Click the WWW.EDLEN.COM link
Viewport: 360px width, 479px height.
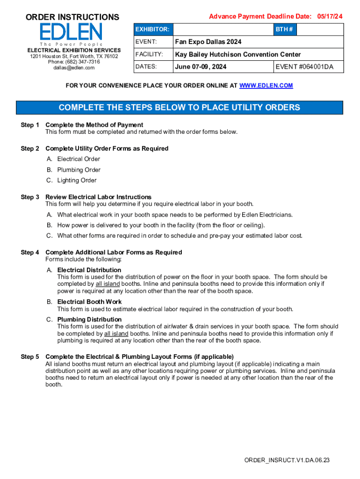(x=266, y=86)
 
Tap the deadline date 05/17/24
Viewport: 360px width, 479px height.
(x=329, y=16)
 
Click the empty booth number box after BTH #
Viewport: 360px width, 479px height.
(x=320, y=29)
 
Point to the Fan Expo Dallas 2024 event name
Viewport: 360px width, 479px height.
(x=208, y=42)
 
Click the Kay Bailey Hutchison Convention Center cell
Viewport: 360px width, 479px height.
(x=238, y=54)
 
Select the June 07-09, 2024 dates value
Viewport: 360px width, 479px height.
(x=201, y=66)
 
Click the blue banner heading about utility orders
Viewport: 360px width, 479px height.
(x=180, y=108)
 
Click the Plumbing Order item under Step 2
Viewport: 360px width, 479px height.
(x=79, y=170)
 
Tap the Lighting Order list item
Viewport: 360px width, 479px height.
(x=77, y=180)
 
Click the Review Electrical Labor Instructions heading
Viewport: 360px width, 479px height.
(x=98, y=197)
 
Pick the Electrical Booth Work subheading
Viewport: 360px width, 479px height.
(x=89, y=302)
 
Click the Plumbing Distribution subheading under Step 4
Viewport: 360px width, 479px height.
(x=89, y=319)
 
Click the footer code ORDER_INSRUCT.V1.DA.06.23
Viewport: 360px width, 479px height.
(x=287, y=460)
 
